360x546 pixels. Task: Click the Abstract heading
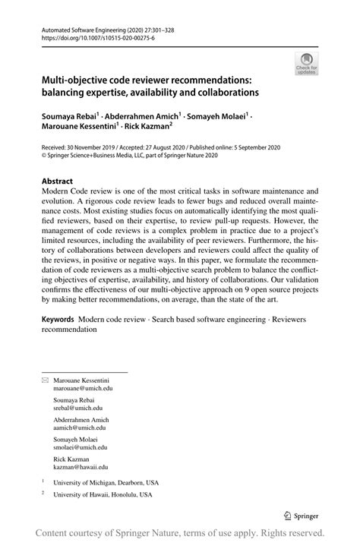[57, 181]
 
